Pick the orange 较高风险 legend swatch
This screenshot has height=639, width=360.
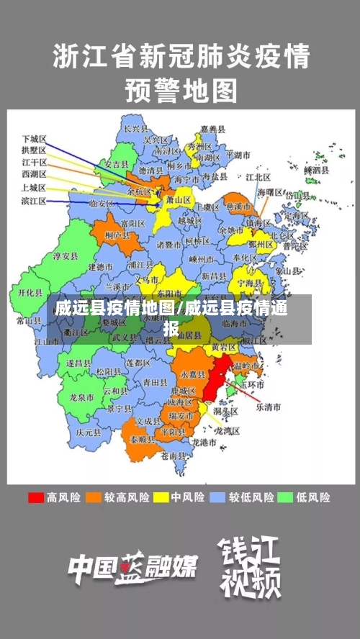[94, 497]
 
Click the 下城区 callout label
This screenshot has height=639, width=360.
[34, 137]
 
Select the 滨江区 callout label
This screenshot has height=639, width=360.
[34, 201]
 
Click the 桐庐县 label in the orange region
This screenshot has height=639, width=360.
[117, 235]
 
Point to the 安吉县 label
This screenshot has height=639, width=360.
[117, 165]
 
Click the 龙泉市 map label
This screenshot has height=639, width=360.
[82, 396]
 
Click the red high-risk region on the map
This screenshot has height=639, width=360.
[214, 382]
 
